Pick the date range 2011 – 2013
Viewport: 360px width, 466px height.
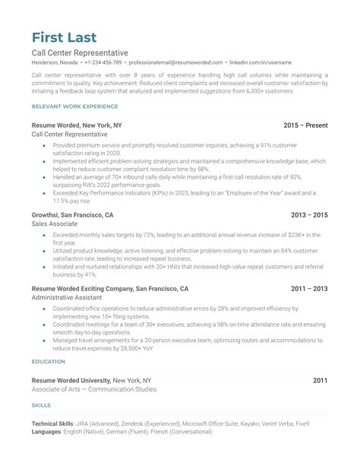point(310,290)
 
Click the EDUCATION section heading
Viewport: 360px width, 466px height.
point(49,362)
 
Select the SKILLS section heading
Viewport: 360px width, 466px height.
point(42,407)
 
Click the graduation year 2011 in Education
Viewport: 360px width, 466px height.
point(320,379)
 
